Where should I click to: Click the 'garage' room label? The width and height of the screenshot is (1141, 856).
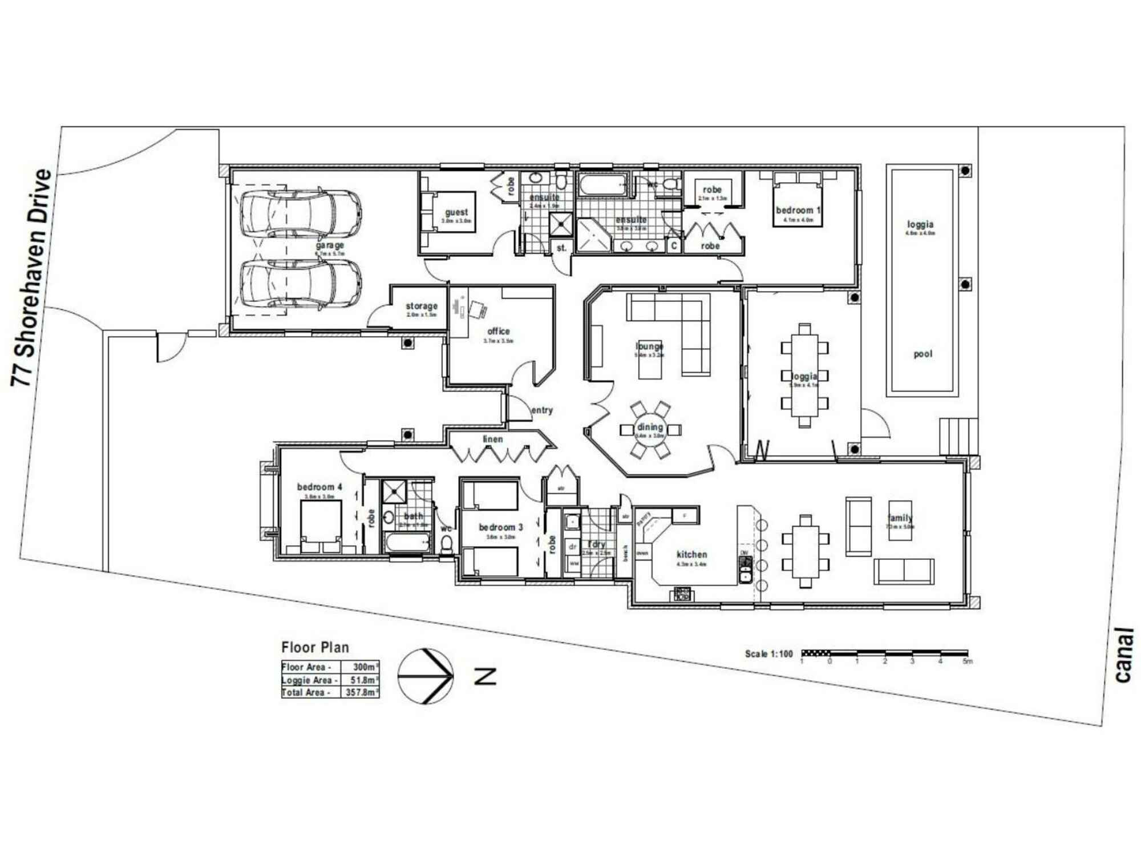pos(330,245)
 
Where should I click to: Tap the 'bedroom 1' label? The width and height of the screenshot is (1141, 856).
pos(798,210)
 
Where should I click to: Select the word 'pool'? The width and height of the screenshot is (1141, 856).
pos(922,354)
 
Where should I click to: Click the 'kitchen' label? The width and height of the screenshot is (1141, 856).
pos(691,554)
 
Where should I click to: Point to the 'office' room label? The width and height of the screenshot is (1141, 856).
pos(498,331)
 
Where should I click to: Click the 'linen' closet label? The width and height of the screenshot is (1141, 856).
pos(493,439)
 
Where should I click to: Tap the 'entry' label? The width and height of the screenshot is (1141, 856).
pos(541,410)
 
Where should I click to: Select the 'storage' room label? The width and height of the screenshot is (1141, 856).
pos(422,306)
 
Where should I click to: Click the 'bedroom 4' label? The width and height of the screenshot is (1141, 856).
pos(319,487)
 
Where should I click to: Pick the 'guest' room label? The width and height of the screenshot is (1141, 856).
pos(456,212)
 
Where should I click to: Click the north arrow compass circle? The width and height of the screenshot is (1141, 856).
pos(426,676)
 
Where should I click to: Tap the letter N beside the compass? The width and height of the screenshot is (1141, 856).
pos(485,676)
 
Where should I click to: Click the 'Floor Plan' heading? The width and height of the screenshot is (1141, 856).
pos(315,647)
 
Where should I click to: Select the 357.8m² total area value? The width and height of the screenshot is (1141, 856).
pos(361,692)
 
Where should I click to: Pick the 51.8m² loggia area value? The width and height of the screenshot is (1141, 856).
pos(362,680)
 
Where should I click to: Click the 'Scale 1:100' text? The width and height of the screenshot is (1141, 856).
pos(768,654)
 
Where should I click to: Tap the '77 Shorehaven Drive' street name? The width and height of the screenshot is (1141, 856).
pos(32,278)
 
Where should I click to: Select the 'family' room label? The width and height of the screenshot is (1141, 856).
pos(900,518)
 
